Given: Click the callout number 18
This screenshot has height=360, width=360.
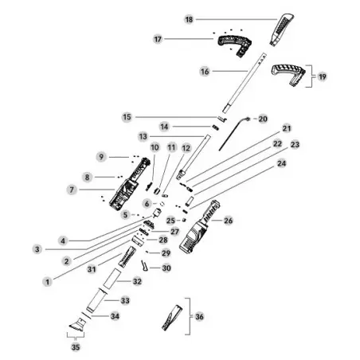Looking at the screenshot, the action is [x=189, y=19].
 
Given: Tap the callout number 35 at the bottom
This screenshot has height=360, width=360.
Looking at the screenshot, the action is [x=76, y=346].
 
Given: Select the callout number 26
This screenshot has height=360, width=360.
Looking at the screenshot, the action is [x=229, y=221].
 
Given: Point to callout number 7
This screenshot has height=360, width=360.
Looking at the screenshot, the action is [x=72, y=190].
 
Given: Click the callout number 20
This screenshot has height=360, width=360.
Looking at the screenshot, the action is [x=263, y=119].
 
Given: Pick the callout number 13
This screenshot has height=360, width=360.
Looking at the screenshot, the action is [x=143, y=136].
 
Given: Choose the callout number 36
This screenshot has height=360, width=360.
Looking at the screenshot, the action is [x=199, y=316].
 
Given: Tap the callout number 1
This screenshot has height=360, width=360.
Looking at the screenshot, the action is [x=48, y=282].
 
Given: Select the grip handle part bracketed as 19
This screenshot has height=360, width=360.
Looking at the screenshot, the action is [x=288, y=74].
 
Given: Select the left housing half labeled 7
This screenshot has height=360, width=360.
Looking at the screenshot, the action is [x=129, y=183].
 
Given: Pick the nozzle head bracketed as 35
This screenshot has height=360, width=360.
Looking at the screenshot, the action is [x=77, y=325].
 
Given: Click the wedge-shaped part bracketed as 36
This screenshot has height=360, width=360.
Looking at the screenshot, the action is [x=172, y=318].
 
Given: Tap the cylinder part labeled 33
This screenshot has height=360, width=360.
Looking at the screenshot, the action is [x=96, y=300].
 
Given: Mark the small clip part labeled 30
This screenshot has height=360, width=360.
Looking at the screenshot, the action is [x=144, y=266].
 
